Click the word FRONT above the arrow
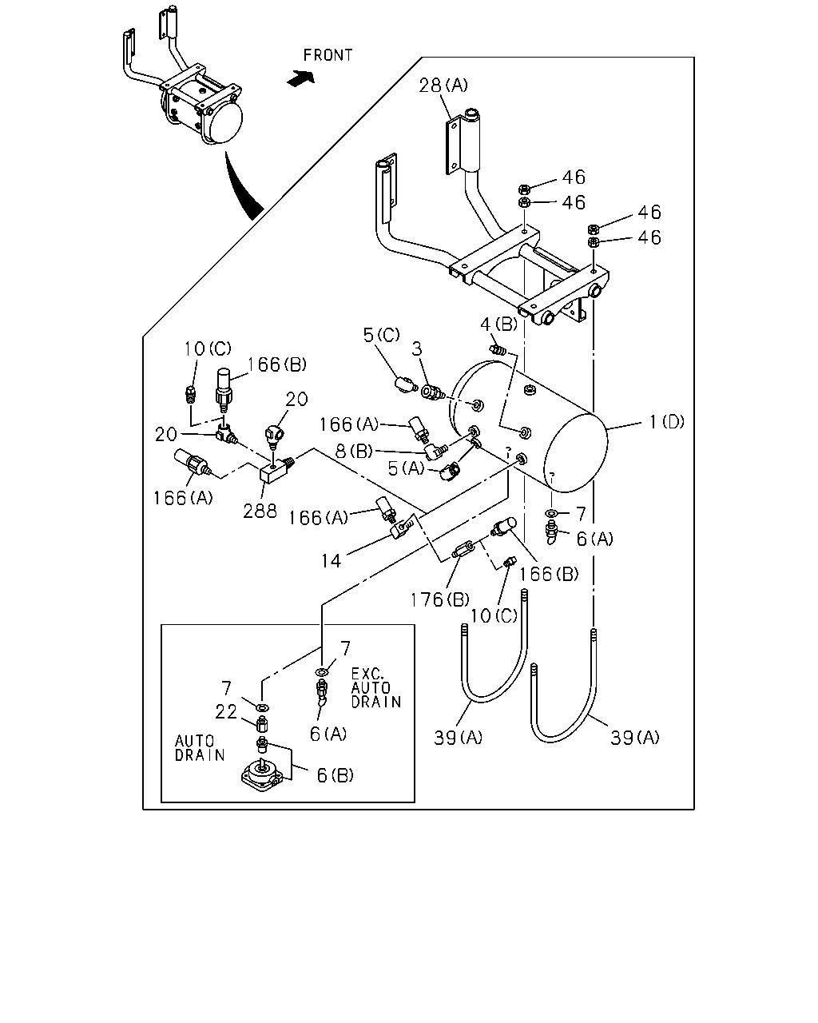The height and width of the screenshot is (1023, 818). (x=328, y=55)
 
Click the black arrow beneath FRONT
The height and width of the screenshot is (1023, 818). (x=301, y=78)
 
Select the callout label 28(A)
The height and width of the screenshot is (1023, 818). (x=443, y=86)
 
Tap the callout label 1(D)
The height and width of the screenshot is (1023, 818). (x=666, y=422)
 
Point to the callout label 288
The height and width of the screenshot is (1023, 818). (x=260, y=511)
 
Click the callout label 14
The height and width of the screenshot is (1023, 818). (x=331, y=561)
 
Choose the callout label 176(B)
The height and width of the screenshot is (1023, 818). (x=439, y=600)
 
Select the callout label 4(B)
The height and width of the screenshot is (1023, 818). (x=498, y=324)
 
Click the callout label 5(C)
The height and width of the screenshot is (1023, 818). (x=381, y=335)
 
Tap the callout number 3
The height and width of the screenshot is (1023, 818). (x=417, y=349)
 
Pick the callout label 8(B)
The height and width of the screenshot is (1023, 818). (x=354, y=451)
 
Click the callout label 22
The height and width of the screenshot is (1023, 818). (x=226, y=711)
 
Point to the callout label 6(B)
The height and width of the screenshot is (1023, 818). (x=335, y=775)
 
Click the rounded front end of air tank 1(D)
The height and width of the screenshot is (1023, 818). (x=575, y=452)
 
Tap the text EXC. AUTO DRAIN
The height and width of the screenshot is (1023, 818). (x=376, y=688)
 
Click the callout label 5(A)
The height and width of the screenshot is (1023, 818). (x=406, y=468)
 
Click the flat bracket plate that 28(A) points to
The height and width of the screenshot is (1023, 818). (x=454, y=146)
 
